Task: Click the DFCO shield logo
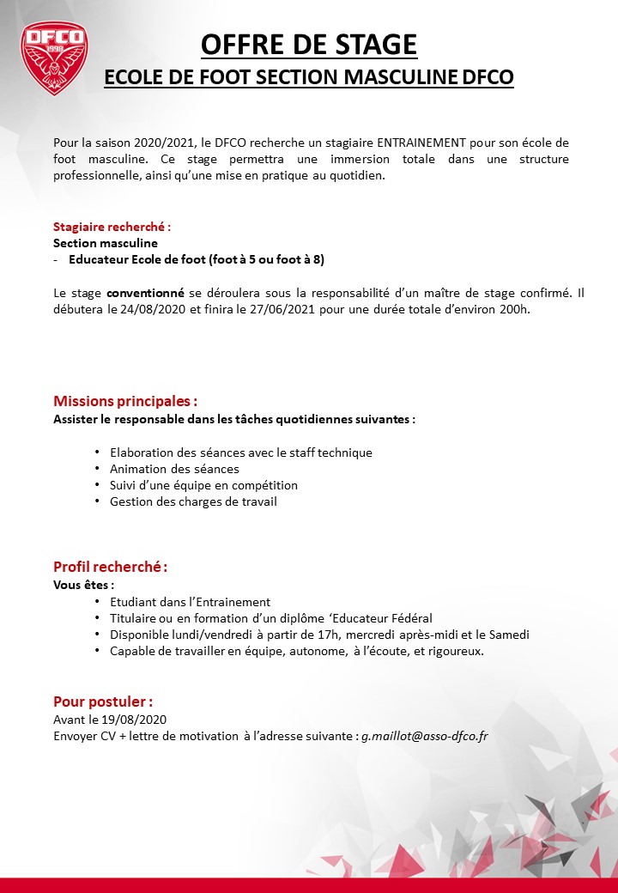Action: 53,58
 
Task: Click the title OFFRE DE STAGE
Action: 309,44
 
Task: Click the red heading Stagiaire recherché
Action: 112,228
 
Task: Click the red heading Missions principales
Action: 125,401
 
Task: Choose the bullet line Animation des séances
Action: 174,469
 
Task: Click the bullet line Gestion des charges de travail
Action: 193,501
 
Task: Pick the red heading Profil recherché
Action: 110,567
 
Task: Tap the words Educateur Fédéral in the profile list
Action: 385,618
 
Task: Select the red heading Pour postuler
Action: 103,702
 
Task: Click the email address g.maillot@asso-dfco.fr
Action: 424,736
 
